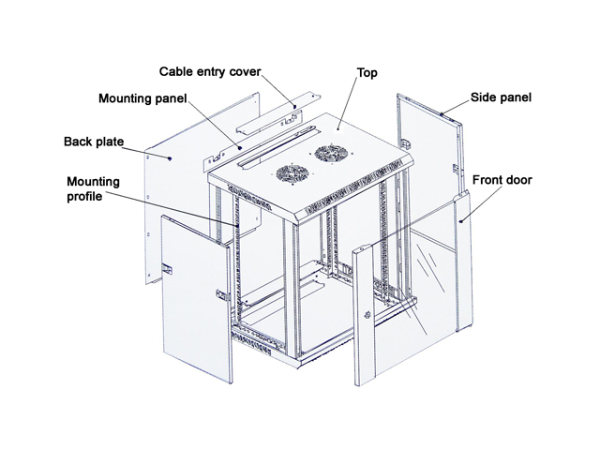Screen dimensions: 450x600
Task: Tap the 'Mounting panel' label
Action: tap(143, 97)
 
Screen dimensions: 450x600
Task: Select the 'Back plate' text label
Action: tap(93, 142)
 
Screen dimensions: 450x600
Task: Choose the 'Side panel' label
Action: tap(500, 97)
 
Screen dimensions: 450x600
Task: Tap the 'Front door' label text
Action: tap(502, 178)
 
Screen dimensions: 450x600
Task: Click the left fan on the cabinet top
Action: tap(290, 173)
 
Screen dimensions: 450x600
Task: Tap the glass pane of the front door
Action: tap(412, 272)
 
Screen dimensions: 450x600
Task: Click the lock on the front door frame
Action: tap(367, 312)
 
